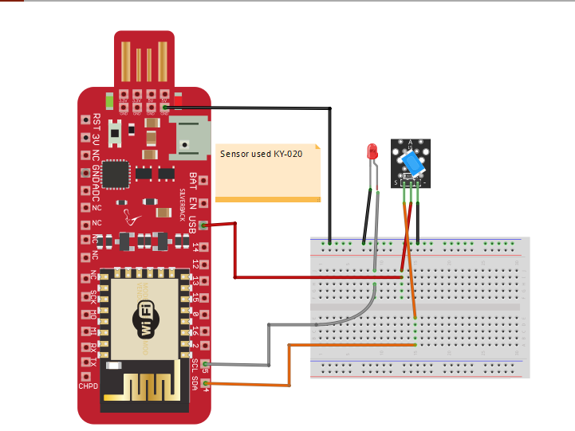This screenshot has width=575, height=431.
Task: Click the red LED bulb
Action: pyautogui.click(x=371, y=151)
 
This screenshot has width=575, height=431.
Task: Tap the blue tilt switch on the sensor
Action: pyautogui.click(x=412, y=164)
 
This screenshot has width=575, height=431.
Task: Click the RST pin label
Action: pyautogui.click(x=96, y=121)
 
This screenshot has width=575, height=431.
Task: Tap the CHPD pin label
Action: pyautogui.click(x=88, y=386)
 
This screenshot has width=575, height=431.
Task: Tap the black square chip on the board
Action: pyautogui.click(x=118, y=172)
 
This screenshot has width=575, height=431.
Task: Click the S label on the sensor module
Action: pyautogui.click(x=396, y=182)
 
